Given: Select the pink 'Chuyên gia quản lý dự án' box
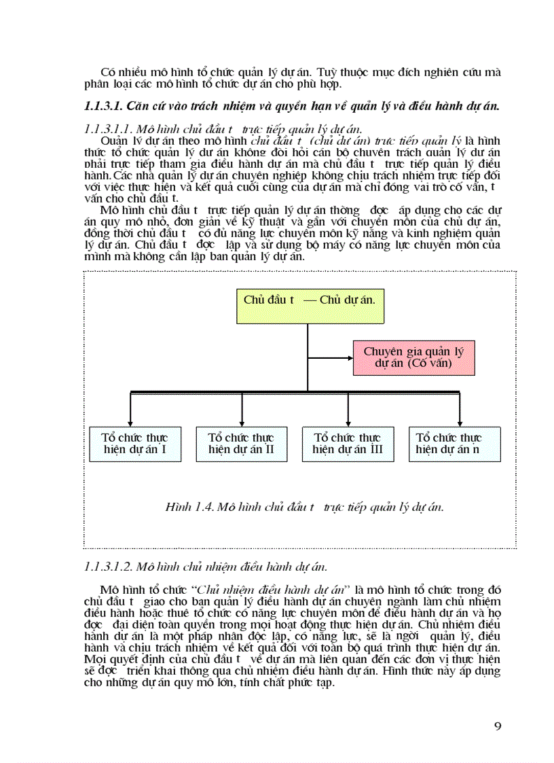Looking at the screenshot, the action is coord(413,357).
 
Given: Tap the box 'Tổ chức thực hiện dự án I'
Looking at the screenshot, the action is coord(135,444).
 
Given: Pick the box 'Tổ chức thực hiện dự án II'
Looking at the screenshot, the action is coord(241,444).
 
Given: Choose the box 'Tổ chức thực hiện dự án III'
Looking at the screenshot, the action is coord(347,444).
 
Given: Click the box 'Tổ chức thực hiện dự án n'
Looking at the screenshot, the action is coord(454,444).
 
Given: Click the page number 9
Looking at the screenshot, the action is coord(498,726).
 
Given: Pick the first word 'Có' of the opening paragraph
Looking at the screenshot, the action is coord(107,72).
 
